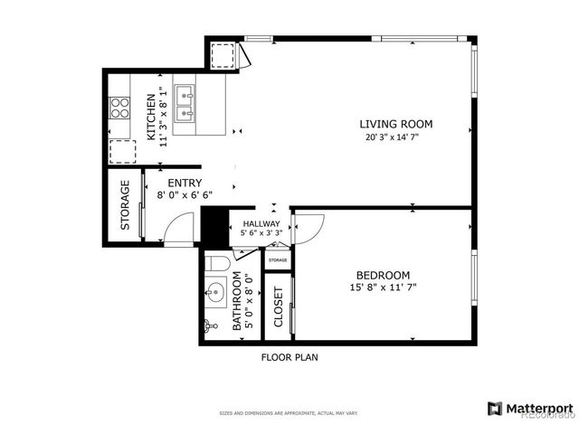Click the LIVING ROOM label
(x=396, y=124)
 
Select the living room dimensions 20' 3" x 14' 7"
(x=396, y=137)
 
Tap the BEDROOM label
(x=383, y=275)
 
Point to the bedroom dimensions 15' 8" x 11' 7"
(x=383, y=288)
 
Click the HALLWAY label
(x=261, y=223)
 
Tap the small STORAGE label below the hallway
(x=278, y=260)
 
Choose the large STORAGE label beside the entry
(x=126, y=204)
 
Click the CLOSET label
(x=278, y=307)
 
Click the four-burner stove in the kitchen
(x=119, y=108)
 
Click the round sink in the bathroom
(x=215, y=292)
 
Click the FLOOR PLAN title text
(x=289, y=357)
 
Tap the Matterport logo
(x=530, y=409)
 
